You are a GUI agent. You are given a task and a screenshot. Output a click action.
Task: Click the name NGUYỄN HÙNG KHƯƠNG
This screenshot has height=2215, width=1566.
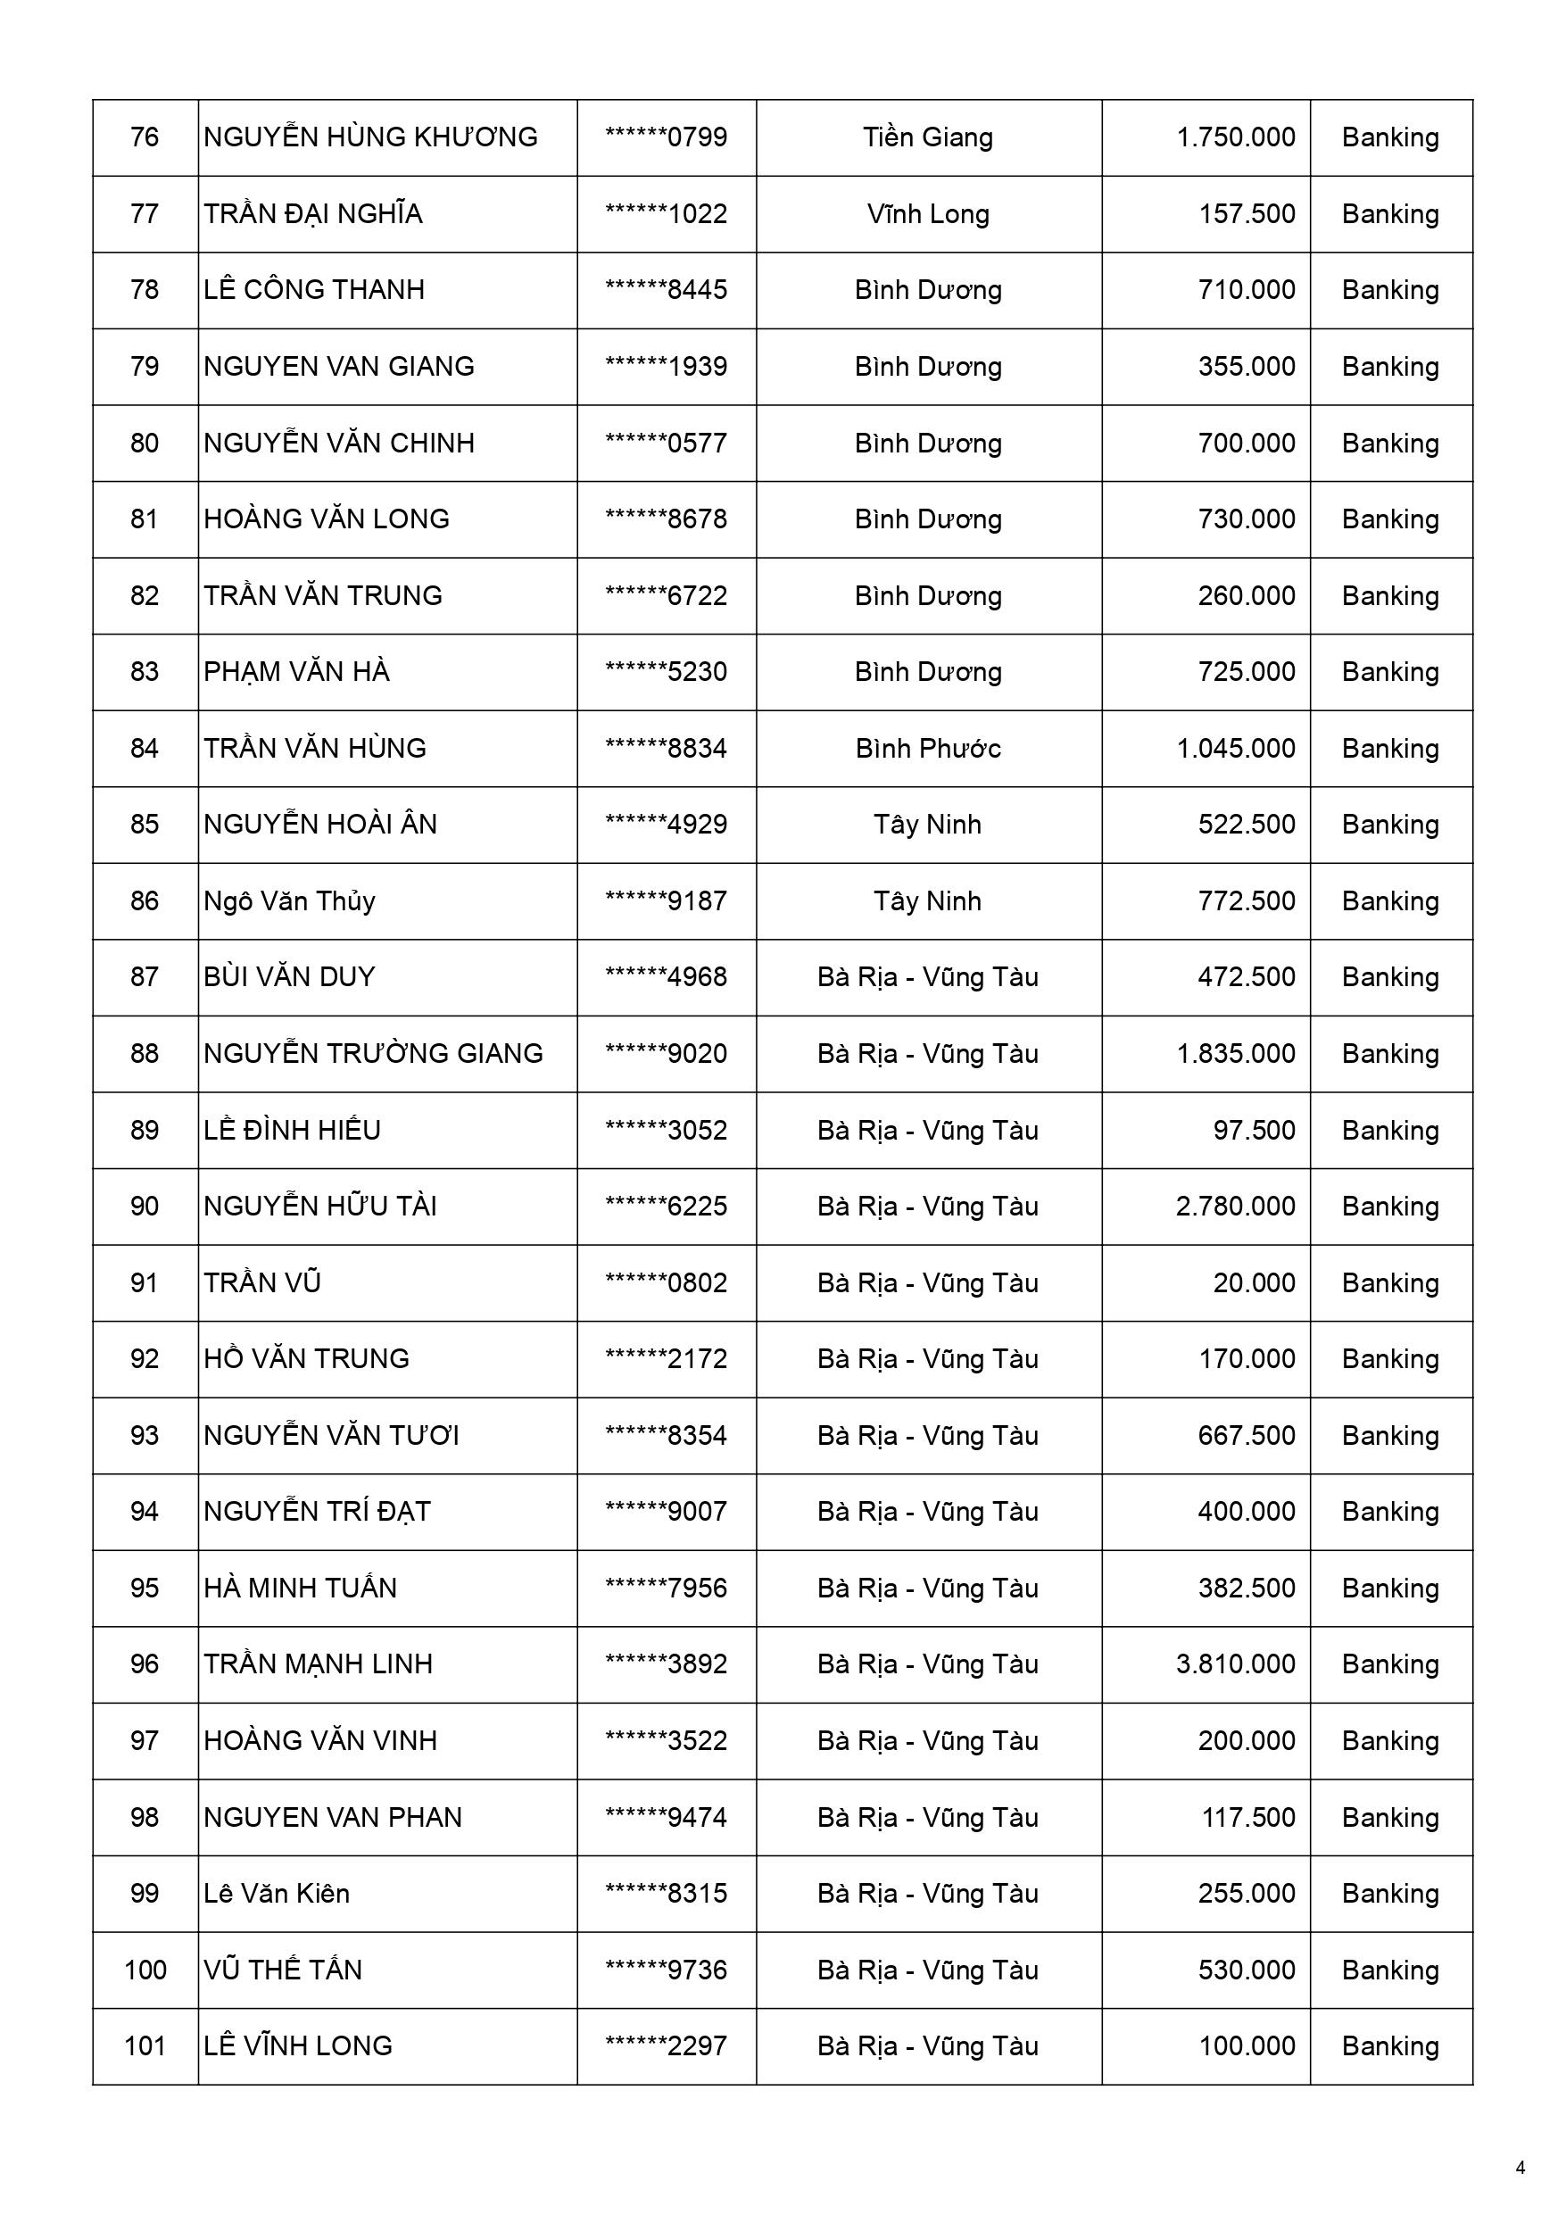[370, 137]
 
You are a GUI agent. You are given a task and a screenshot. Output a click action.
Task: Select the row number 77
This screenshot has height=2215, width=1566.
[145, 213]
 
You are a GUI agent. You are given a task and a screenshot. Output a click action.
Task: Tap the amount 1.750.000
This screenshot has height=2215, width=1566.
[1235, 137]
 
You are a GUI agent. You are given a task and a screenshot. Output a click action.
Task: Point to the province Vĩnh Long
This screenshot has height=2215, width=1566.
[928, 213]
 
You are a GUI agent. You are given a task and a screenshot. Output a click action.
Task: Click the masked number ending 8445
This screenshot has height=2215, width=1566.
[666, 289]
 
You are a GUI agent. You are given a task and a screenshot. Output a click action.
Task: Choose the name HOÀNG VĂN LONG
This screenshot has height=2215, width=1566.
[326, 519]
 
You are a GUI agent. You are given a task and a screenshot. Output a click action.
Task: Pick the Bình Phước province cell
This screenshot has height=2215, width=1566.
[928, 749]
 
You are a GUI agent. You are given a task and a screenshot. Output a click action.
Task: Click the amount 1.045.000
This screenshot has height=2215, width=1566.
[1235, 749]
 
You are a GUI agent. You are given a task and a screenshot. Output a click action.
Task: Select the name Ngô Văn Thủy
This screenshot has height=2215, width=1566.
[289, 901]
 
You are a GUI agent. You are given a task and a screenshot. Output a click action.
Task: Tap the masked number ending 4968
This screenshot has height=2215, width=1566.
[666, 977]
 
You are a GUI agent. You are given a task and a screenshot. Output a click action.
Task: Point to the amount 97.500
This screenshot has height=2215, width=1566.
[1254, 1130]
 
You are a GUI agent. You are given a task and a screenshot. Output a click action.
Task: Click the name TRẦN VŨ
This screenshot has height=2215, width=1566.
[262, 1283]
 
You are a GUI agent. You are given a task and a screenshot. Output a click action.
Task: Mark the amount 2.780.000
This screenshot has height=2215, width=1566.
[1235, 1206]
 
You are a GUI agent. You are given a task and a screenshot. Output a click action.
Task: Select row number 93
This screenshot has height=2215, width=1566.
[145, 1436]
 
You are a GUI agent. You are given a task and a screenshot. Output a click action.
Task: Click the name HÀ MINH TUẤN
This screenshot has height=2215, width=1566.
[300, 1588]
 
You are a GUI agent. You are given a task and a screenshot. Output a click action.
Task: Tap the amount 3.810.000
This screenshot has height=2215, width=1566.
[1235, 1664]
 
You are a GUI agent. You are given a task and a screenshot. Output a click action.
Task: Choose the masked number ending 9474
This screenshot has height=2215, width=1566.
[666, 1818]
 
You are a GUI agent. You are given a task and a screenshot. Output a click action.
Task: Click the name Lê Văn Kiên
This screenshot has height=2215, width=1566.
[277, 1894]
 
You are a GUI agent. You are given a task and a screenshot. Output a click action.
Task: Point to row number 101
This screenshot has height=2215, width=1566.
[145, 2046]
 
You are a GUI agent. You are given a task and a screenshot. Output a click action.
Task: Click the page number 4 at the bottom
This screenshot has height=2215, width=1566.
[1520, 2169]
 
